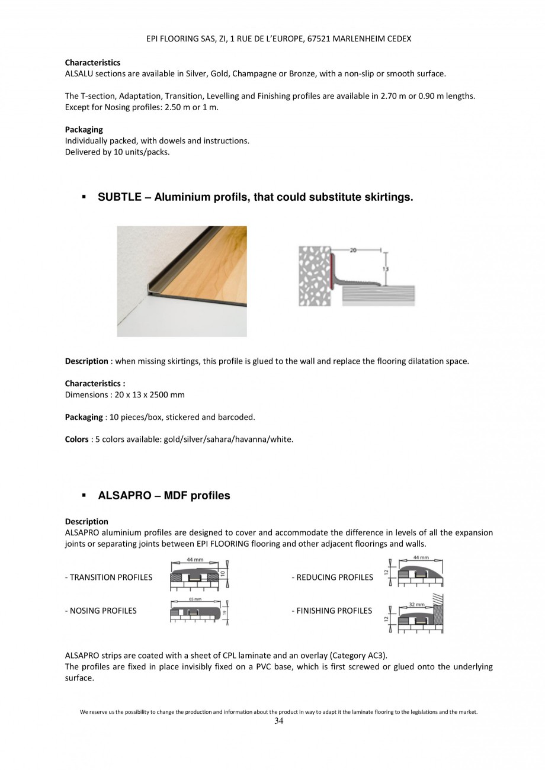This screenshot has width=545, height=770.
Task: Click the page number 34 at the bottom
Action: coord(279,721)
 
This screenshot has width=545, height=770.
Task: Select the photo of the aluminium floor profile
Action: coord(181,281)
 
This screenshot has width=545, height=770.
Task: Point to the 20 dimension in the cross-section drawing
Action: coord(353,251)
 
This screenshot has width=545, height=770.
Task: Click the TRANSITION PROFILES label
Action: coord(108,577)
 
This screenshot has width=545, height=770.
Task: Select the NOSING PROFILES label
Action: coord(101,611)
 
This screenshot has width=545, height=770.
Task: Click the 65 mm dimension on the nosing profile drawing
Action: coord(195,599)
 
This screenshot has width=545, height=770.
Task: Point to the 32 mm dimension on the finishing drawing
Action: coord(416,604)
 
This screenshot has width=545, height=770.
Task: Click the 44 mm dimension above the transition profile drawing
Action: coord(195,560)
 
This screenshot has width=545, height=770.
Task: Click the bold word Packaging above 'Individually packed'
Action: coord(84,129)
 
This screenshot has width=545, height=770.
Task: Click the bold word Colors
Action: coord(77,439)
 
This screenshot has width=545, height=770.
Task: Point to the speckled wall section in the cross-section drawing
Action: coord(313,277)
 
